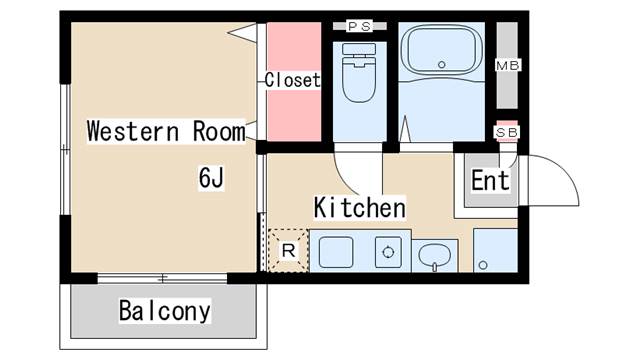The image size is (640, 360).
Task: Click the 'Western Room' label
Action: [x=165, y=131]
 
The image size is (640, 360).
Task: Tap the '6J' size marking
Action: [x=210, y=178]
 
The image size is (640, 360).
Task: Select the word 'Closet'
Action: [x=292, y=80]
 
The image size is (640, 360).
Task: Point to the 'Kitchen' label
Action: [x=359, y=208]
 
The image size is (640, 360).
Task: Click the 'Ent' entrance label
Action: [x=490, y=181]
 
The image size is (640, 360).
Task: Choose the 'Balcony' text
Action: [x=165, y=310]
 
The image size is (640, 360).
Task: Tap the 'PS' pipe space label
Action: [x=359, y=26]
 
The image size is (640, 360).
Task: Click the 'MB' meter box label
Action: [x=508, y=66]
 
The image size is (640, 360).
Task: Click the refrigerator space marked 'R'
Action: [x=288, y=251]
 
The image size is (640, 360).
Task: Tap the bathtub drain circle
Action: [x=441, y=65]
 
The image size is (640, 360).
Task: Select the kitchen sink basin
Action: [x=335, y=252]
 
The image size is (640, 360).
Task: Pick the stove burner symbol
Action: [x=385, y=252]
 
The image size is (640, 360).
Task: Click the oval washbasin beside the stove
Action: [x=434, y=257]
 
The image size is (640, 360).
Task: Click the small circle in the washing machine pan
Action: [x=483, y=266]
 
